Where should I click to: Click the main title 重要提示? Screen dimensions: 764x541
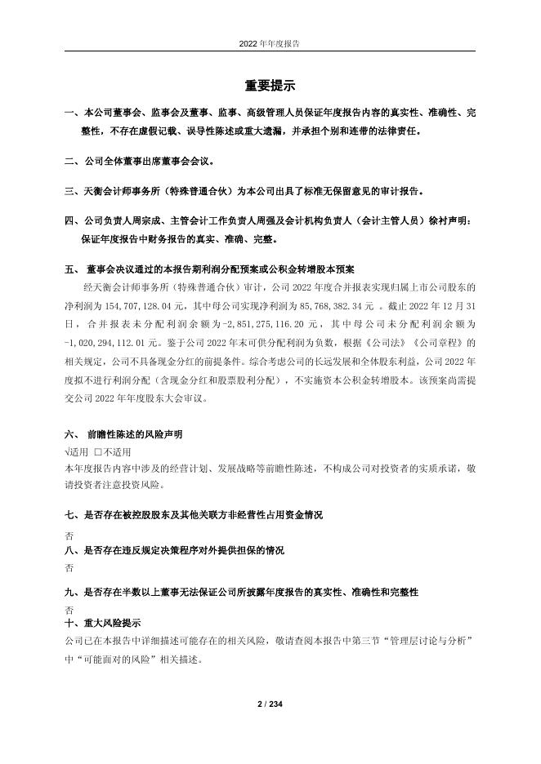[x=270, y=86]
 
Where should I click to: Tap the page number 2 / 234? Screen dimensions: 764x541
[x=270, y=704]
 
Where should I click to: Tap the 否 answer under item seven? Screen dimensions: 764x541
[x=68, y=536]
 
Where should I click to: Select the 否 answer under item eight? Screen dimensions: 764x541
[x=68, y=566]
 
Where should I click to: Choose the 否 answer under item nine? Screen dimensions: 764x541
[x=68, y=610]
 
